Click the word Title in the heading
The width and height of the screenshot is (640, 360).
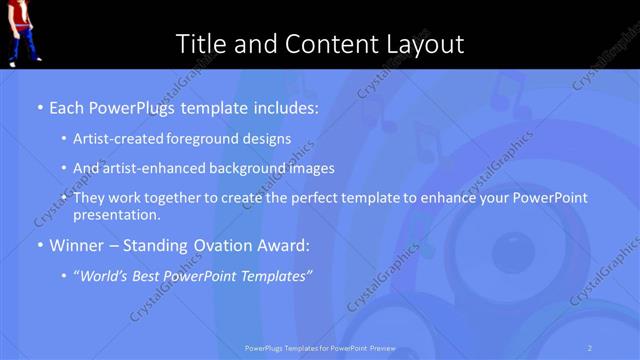click(200, 44)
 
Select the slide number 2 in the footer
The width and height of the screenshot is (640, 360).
click(590, 347)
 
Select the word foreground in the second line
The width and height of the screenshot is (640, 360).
click(209, 139)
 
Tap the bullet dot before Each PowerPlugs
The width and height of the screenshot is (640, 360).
click(39, 106)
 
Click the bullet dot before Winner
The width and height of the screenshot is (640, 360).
click(39, 245)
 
